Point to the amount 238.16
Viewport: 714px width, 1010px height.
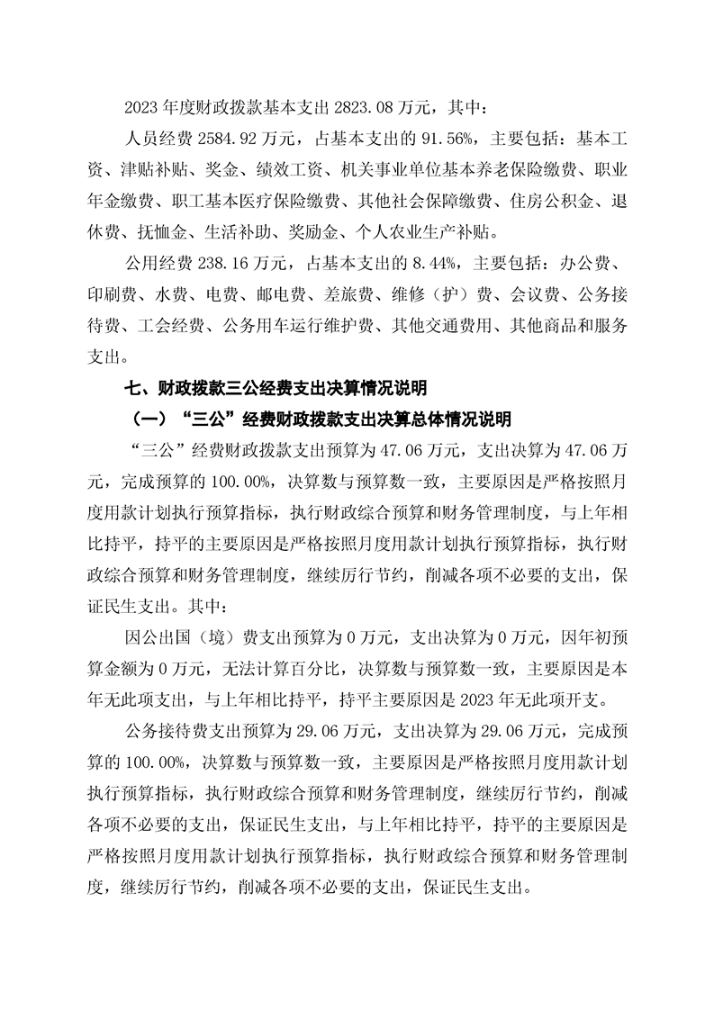[222, 264]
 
